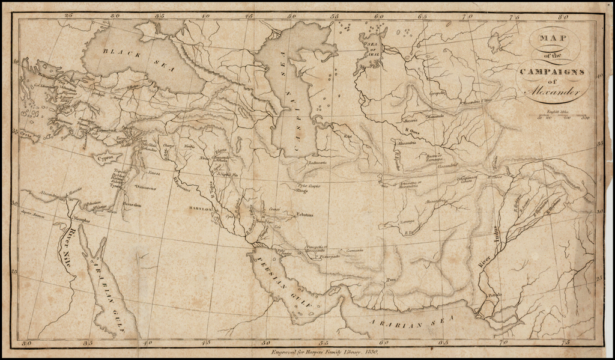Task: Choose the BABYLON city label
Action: click(201, 209)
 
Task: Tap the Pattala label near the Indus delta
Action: click(493, 295)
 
